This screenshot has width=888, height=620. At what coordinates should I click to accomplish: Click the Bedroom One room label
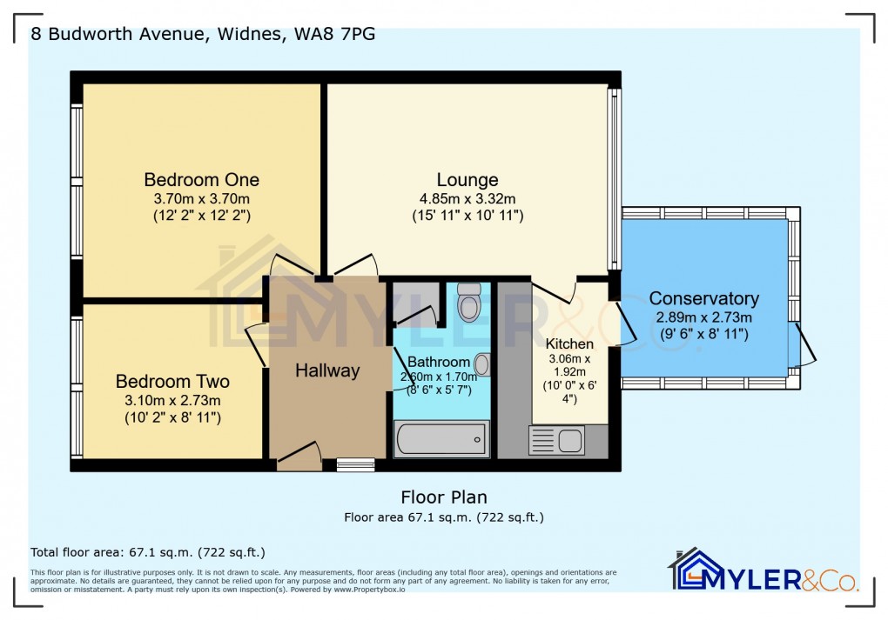pos(201,180)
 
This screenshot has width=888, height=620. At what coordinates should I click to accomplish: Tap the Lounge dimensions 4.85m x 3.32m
pos(468,198)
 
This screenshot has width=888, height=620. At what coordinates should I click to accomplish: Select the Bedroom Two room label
pos(172,382)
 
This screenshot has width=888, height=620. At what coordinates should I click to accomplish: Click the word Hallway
pos(326,370)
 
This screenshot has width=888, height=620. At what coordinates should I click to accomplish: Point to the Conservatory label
pos(703,298)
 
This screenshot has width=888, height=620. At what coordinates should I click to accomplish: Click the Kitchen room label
pos(569,343)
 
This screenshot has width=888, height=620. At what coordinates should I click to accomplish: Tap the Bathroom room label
pos(439,362)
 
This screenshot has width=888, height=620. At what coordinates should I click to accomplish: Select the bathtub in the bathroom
pos(441,439)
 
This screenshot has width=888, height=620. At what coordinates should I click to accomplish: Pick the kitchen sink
pos(557,441)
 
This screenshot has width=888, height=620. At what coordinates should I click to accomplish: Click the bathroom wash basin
pos(481,363)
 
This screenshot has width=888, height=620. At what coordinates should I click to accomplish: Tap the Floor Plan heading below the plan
pos(443,497)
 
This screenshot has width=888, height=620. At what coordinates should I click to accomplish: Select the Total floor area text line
pos(147,552)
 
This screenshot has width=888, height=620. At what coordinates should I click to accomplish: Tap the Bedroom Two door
pos(256,344)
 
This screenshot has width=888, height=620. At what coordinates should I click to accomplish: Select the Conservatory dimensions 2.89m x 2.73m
pos(703,317)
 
